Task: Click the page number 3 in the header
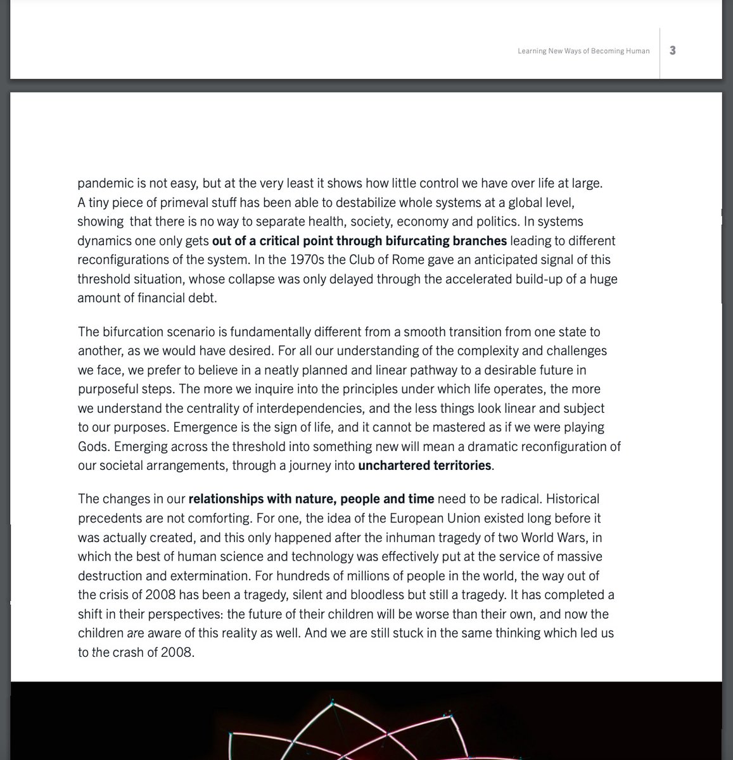[672, 51]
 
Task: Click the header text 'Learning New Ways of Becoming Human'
[583, 51]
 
